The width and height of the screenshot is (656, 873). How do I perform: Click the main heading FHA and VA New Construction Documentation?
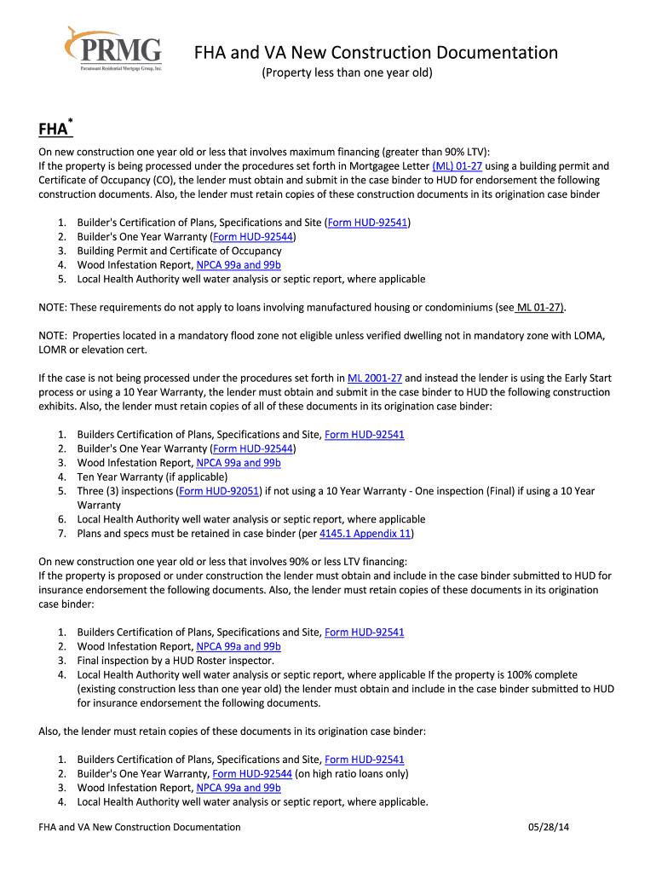(x=376, y=53)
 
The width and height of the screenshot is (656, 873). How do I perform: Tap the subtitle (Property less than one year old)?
(x=347, y=74)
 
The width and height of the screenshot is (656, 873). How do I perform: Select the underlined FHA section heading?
(x=53, y=129)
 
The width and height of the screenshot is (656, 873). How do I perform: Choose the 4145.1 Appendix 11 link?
(x=365, y=534)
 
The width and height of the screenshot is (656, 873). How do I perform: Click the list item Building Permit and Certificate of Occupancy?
(x=179, y=251)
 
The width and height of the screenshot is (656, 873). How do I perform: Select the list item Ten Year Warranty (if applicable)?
(x=152, y=477)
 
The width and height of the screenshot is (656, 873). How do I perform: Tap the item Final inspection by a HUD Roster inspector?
(x=176, y=660)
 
